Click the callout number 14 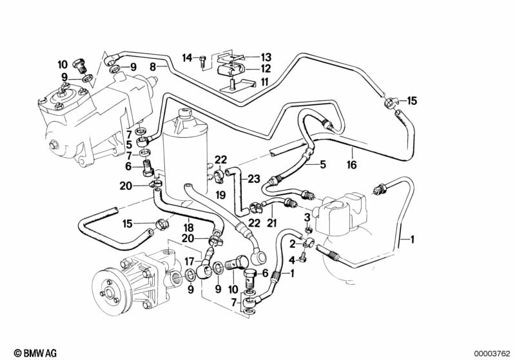(187, 59)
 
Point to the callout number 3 (307, 217)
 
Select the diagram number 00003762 (492, 353)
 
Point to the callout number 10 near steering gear (62, 64)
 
